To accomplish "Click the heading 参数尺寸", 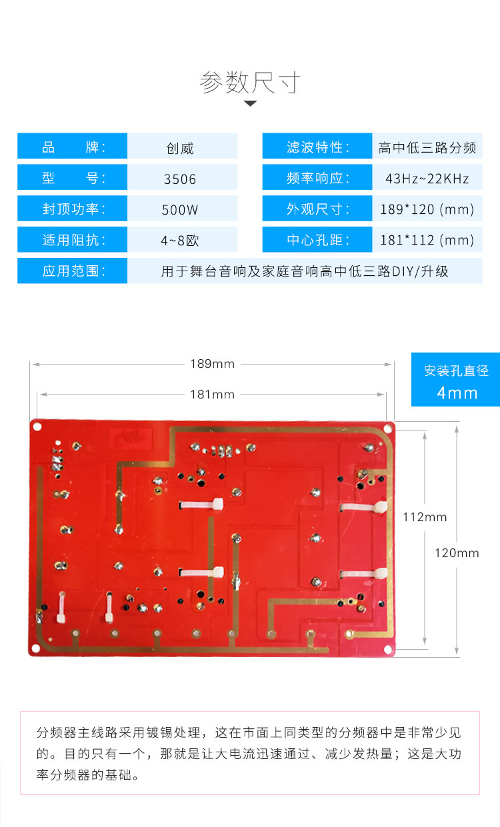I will pyautogui.click(x=250, y=83).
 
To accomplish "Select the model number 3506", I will pyautogui.click(x=180, y=179).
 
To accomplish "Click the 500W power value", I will pyautogui.click(x=180, y=210).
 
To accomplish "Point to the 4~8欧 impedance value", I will pyautogui.click(x=180, y=241).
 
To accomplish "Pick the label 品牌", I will pyautogui.click(x=73, y=147).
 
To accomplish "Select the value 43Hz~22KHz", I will pyautogui.click(x=427, y=179).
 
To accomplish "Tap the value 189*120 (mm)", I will pyautogui.click(x=427, y=209).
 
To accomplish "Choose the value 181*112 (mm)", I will pyautogui.click(x=427, y=240).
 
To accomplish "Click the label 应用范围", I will pyautogui.click(x=73, y=271).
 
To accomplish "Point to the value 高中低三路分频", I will pyautogui.click(x=427, y=147).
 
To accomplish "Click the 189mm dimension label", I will pyautogui.click(x=213, y=364).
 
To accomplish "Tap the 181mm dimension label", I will pyautogui.click(x=213, y=395).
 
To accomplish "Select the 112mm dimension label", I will pyautogui.click(x=425, y=517).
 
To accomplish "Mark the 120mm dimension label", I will pyautogui.click(x=457, y=552).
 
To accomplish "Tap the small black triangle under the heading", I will pyautogui.click(x=250, y=103).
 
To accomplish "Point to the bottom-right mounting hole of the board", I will pyautogui.click(x=387, y=648).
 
